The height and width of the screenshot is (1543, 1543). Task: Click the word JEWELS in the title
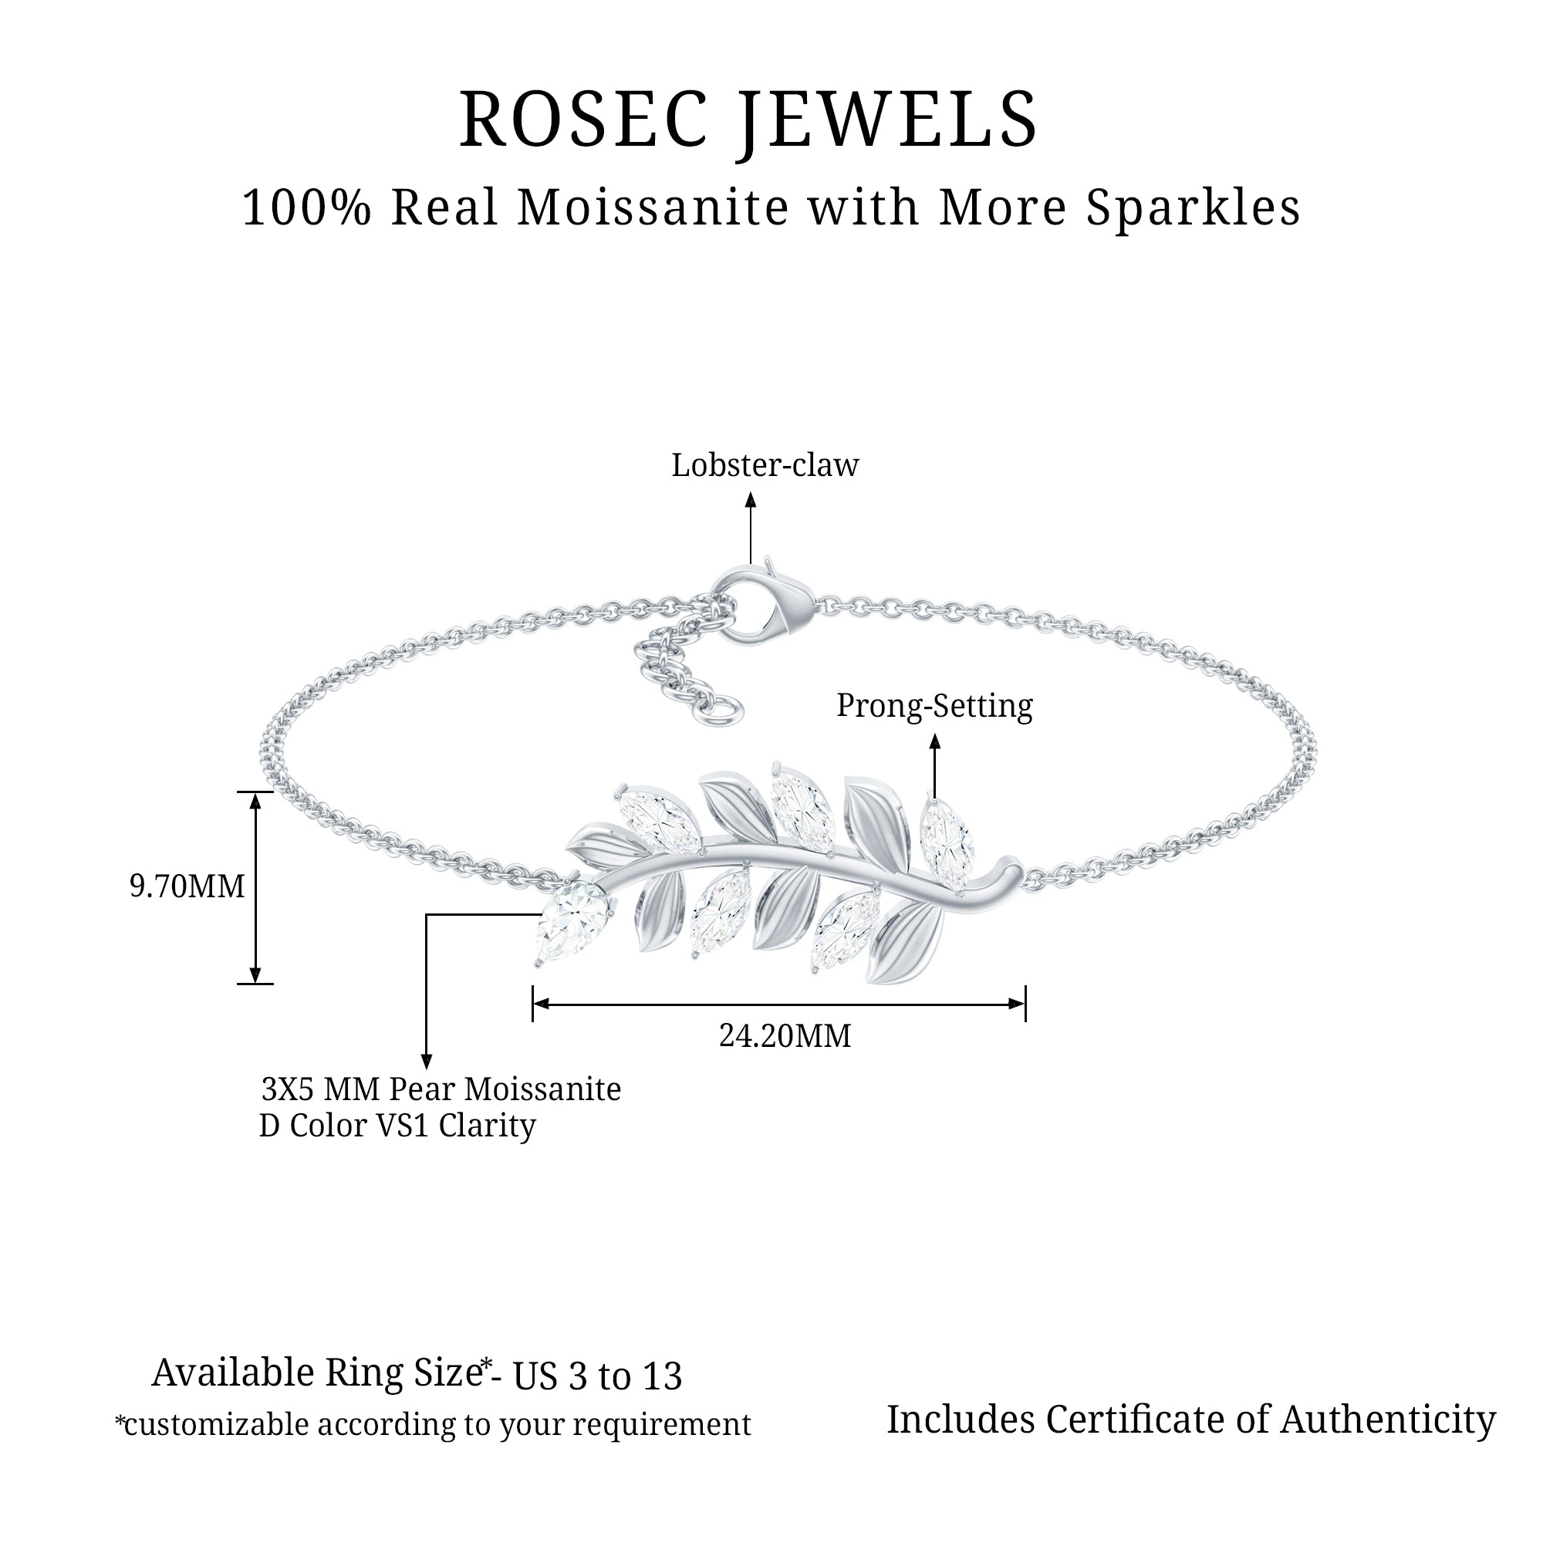pyautogui.click(x=886, y=120)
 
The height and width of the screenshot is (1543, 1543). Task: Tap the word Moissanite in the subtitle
pyautogui.click(x=653, y=208)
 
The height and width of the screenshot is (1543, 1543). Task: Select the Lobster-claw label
pyautogui.click(x=765, y=466)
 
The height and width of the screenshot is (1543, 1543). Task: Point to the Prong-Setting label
pyautogui.click(x=934, y=706)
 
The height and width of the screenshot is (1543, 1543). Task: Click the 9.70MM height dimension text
pyautogui.click(x=187, y=886)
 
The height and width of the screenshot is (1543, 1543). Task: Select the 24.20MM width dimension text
pyautogui.click(x=785, y=1037)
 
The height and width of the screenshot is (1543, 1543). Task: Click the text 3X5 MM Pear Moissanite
pyautogui.click(x=441, y=1089)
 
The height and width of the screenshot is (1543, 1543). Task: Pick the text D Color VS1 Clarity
pyautogui.click(x=397, y=1126)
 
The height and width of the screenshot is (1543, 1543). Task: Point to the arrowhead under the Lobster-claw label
pyautogui.click(x=750, y=500)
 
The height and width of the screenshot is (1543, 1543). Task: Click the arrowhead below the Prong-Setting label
pyautogui.click(x=934, y=741)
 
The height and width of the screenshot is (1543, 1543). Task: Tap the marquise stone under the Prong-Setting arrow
pyautogui.click(x=946, y=843)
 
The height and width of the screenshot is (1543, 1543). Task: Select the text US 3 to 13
pyautogui.click(x=597, y=1376)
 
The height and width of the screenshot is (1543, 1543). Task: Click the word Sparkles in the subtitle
pyautogui.click(x=1194, y=208)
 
